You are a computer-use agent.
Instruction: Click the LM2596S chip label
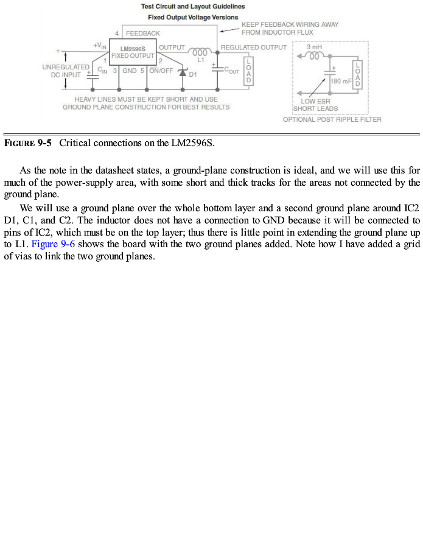coord(133,48)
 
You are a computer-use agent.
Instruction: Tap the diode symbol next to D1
coord(181,72)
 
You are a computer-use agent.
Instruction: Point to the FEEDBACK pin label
coord(143,33)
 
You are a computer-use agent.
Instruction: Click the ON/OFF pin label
coord(161,71)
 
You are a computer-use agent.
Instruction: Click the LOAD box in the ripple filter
coord(357,74)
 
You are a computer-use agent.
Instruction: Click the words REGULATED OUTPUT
coord(253,47)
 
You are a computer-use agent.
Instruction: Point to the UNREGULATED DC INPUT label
coord(66,71)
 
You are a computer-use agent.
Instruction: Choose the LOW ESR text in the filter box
coord(315,102)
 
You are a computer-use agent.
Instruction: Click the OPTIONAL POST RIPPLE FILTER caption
coord(332,119)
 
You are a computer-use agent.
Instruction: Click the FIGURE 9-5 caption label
coord(28,143)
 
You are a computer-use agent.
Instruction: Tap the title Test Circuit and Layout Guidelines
coord(193,7)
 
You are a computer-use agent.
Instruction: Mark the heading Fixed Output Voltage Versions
coord(193,17)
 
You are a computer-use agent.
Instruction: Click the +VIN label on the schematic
coord(100,46)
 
